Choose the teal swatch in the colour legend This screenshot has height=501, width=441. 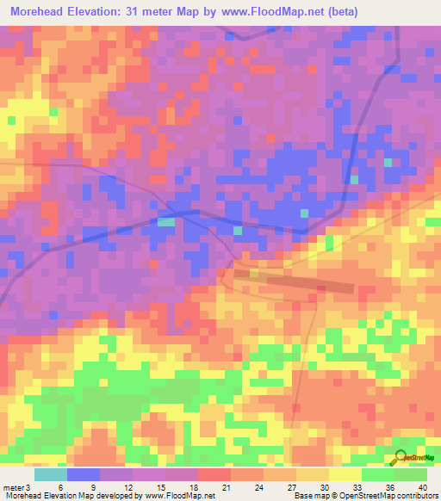tap(51, 474)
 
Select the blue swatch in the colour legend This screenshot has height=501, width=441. tap(84, 474)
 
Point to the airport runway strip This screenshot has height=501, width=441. tap(294, 281)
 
